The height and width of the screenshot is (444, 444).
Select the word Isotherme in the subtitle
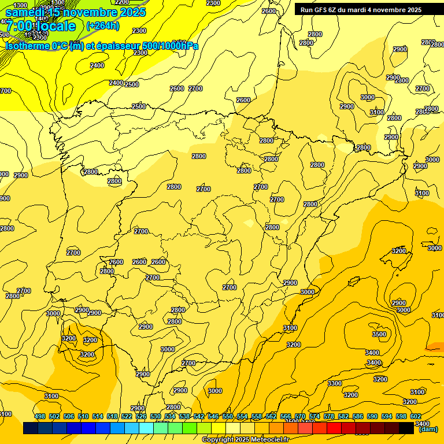click(x=28, y=46)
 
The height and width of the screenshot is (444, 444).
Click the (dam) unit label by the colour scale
click(x=428, y=429)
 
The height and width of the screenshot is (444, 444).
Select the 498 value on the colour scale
click(x=40, y=417)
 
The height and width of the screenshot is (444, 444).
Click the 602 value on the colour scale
click(x=416, y=417)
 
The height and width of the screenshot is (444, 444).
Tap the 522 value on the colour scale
click(x=127, y=417)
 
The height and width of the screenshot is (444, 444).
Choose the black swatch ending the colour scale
click(x=406, y=428)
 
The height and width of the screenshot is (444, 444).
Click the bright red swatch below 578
click(x=334, y=428)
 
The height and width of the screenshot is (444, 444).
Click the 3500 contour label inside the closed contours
click(x=379, y=334)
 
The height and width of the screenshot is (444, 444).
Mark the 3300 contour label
click(x=335, y=383)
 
